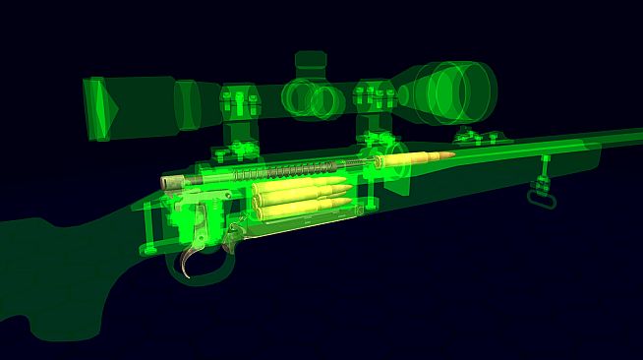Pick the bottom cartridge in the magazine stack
(x=305, y=207)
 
